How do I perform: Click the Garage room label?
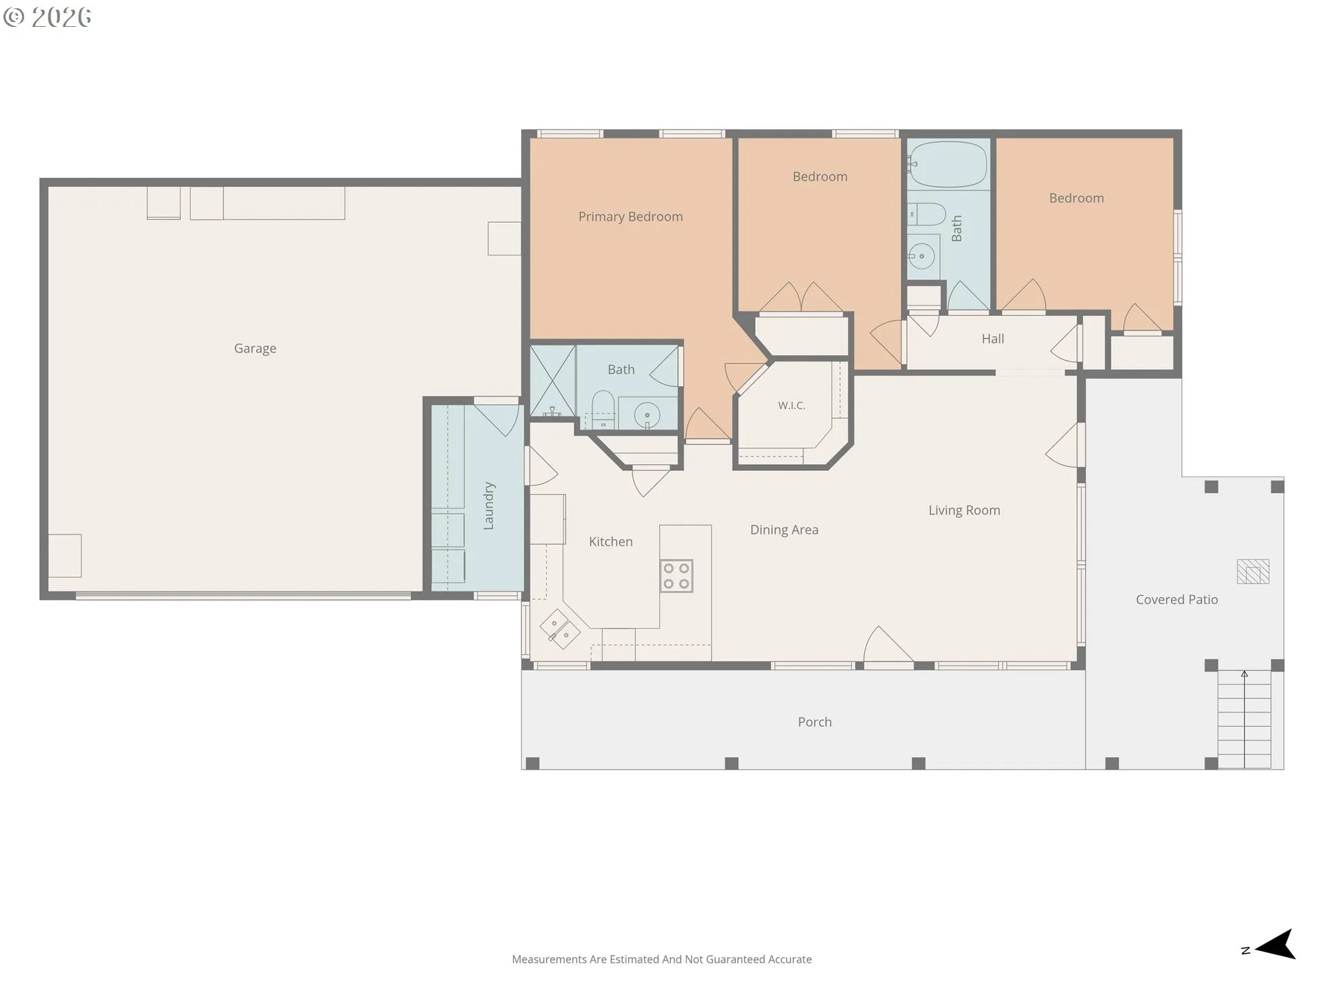coord(255,349)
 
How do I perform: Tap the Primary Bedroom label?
coord(630,217)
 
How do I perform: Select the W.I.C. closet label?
coord(792,405)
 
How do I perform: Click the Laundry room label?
coord(489,505)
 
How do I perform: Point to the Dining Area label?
coord(784,530)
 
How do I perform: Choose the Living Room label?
coord(964,510)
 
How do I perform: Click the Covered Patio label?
coord(1176,600)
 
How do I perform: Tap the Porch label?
coord(814,722)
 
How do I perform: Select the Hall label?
coord(992,339)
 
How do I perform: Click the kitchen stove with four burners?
coord(676,576)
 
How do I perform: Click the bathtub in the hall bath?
coord(948,164)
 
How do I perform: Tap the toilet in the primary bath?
coord(603,408)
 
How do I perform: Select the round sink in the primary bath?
coord(647,416)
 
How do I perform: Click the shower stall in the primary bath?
coord(552,380)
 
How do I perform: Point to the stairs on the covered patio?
coord(1245,719)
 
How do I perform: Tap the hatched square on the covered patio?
coord(1253,572)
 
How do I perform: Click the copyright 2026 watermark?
coord(47,17)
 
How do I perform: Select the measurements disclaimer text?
coord(662,959)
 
